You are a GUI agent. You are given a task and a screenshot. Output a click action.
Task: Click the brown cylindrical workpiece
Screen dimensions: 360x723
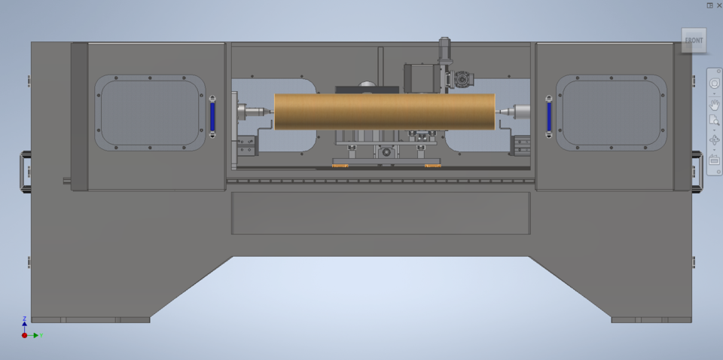click(384, 111)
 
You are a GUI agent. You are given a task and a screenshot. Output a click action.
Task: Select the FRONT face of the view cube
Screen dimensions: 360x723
click(694, 41)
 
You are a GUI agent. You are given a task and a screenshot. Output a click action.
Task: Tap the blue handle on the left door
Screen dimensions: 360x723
click(212, 117)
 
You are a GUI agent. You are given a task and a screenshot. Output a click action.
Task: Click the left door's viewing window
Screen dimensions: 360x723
click(150, 112)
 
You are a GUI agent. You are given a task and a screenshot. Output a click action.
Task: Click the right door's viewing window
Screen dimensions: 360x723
click(611, 112)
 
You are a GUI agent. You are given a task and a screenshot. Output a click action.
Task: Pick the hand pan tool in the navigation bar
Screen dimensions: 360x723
click(715, 103)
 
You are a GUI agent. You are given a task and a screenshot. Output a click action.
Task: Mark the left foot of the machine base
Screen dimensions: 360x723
click(90, 319)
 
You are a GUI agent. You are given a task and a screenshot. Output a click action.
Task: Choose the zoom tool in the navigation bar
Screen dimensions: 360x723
click(715, 121)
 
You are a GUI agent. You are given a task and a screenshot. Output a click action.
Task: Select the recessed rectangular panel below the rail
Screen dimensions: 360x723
click(380, 212)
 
